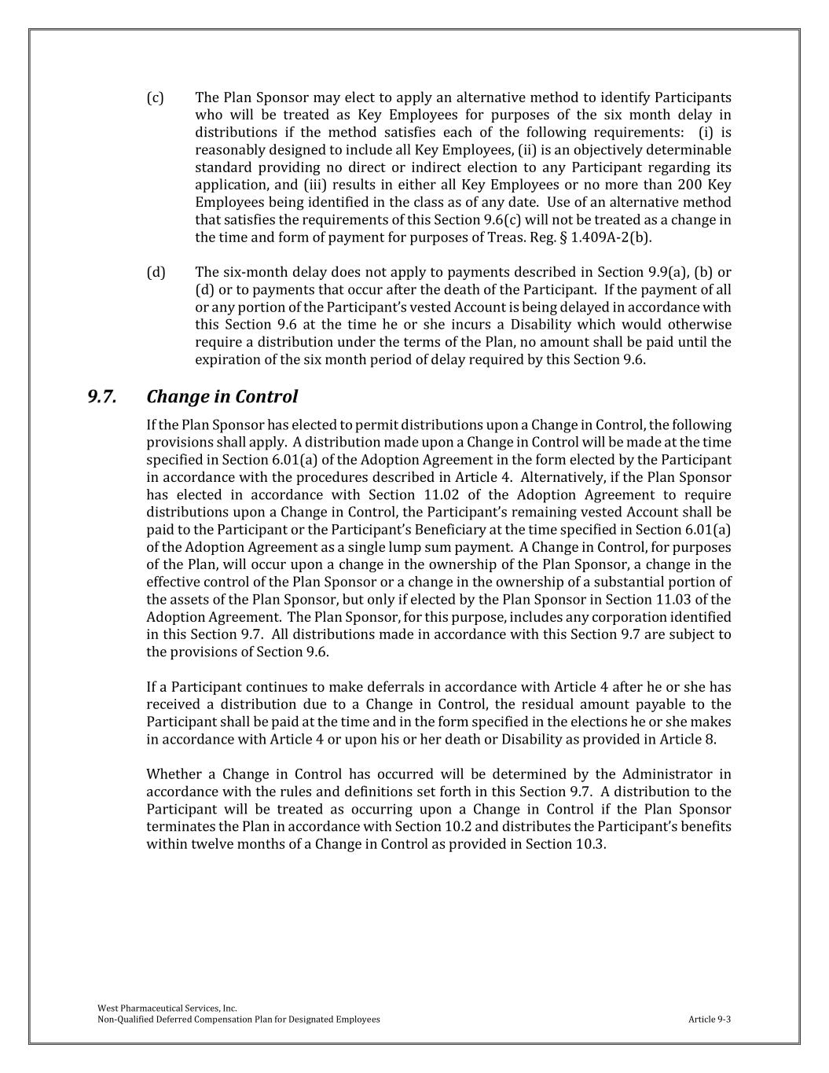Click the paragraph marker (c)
(x=155, y=97)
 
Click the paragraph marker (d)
(x=155, y=272)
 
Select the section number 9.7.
(x=102, y=396)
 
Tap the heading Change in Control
(x=222, y=396)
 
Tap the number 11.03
(x=699, y=600)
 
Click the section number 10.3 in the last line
(x=590, y=844)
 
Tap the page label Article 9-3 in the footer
(x=710, y=1020)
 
